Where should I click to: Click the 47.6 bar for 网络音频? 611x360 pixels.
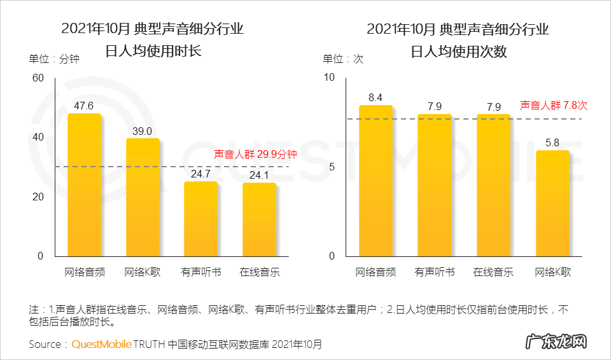click(x=84, y=184)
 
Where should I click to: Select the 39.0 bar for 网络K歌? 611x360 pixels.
click(x=143, y=197)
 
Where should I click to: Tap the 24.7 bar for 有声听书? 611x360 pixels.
click(x=200, y=219)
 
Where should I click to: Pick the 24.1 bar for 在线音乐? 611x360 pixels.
click(x=259, y=219)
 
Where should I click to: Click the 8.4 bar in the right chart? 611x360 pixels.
click(x=376, y=181)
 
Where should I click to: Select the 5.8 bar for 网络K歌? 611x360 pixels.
click(x=552, y=204)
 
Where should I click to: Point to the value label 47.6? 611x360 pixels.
click(x=84, y=106)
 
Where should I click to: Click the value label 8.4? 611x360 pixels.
click(x=376, y=97)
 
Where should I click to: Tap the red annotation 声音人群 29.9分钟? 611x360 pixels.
click(x=255, y=154)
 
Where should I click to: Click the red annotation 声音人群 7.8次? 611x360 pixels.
click(x=554, y=106)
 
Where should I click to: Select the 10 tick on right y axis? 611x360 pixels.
click(x=329, y=78)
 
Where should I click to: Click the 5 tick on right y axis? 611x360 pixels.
click(x=332, y=167)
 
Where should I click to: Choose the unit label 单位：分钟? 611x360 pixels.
click(x=54, y=59)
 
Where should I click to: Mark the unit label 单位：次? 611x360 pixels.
click(x=343, y=59)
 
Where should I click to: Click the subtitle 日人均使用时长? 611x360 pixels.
click(x=153, y=51)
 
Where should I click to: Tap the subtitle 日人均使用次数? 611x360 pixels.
click(x=459, y=52)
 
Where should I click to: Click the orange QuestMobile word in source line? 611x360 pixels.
click(x=102, y=344)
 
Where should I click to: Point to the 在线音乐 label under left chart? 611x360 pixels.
click(x=260, y=272)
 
